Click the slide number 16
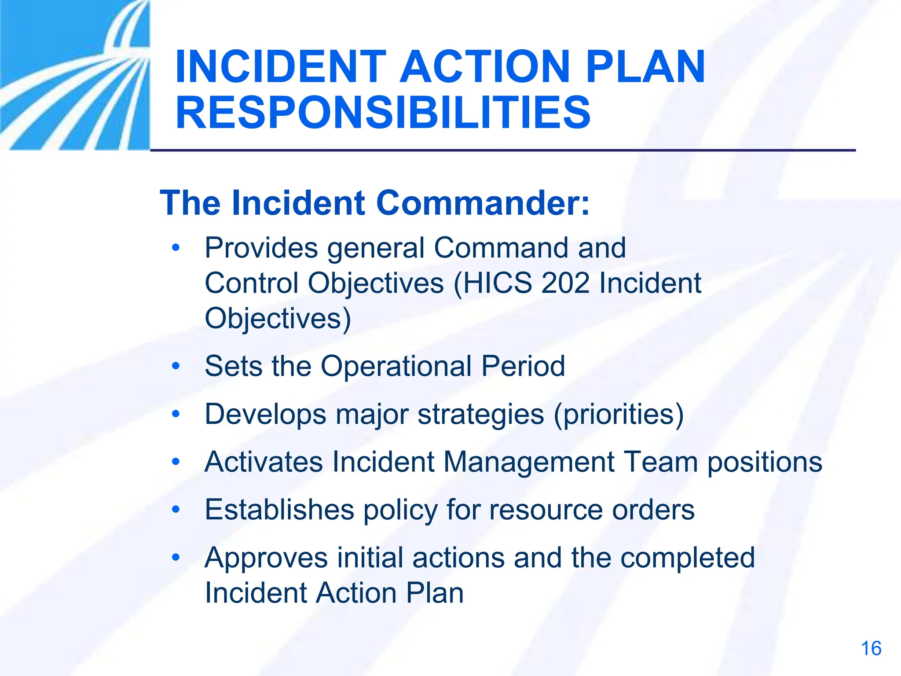click(871, 648)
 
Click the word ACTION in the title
click(484, 67)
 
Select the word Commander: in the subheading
click(483, 203)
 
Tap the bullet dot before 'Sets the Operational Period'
click(176, 366)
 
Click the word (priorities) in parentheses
click(619, 415)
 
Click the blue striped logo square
click(75, 75)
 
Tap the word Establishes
click(279, 510)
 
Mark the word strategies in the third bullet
click(481, 415)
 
